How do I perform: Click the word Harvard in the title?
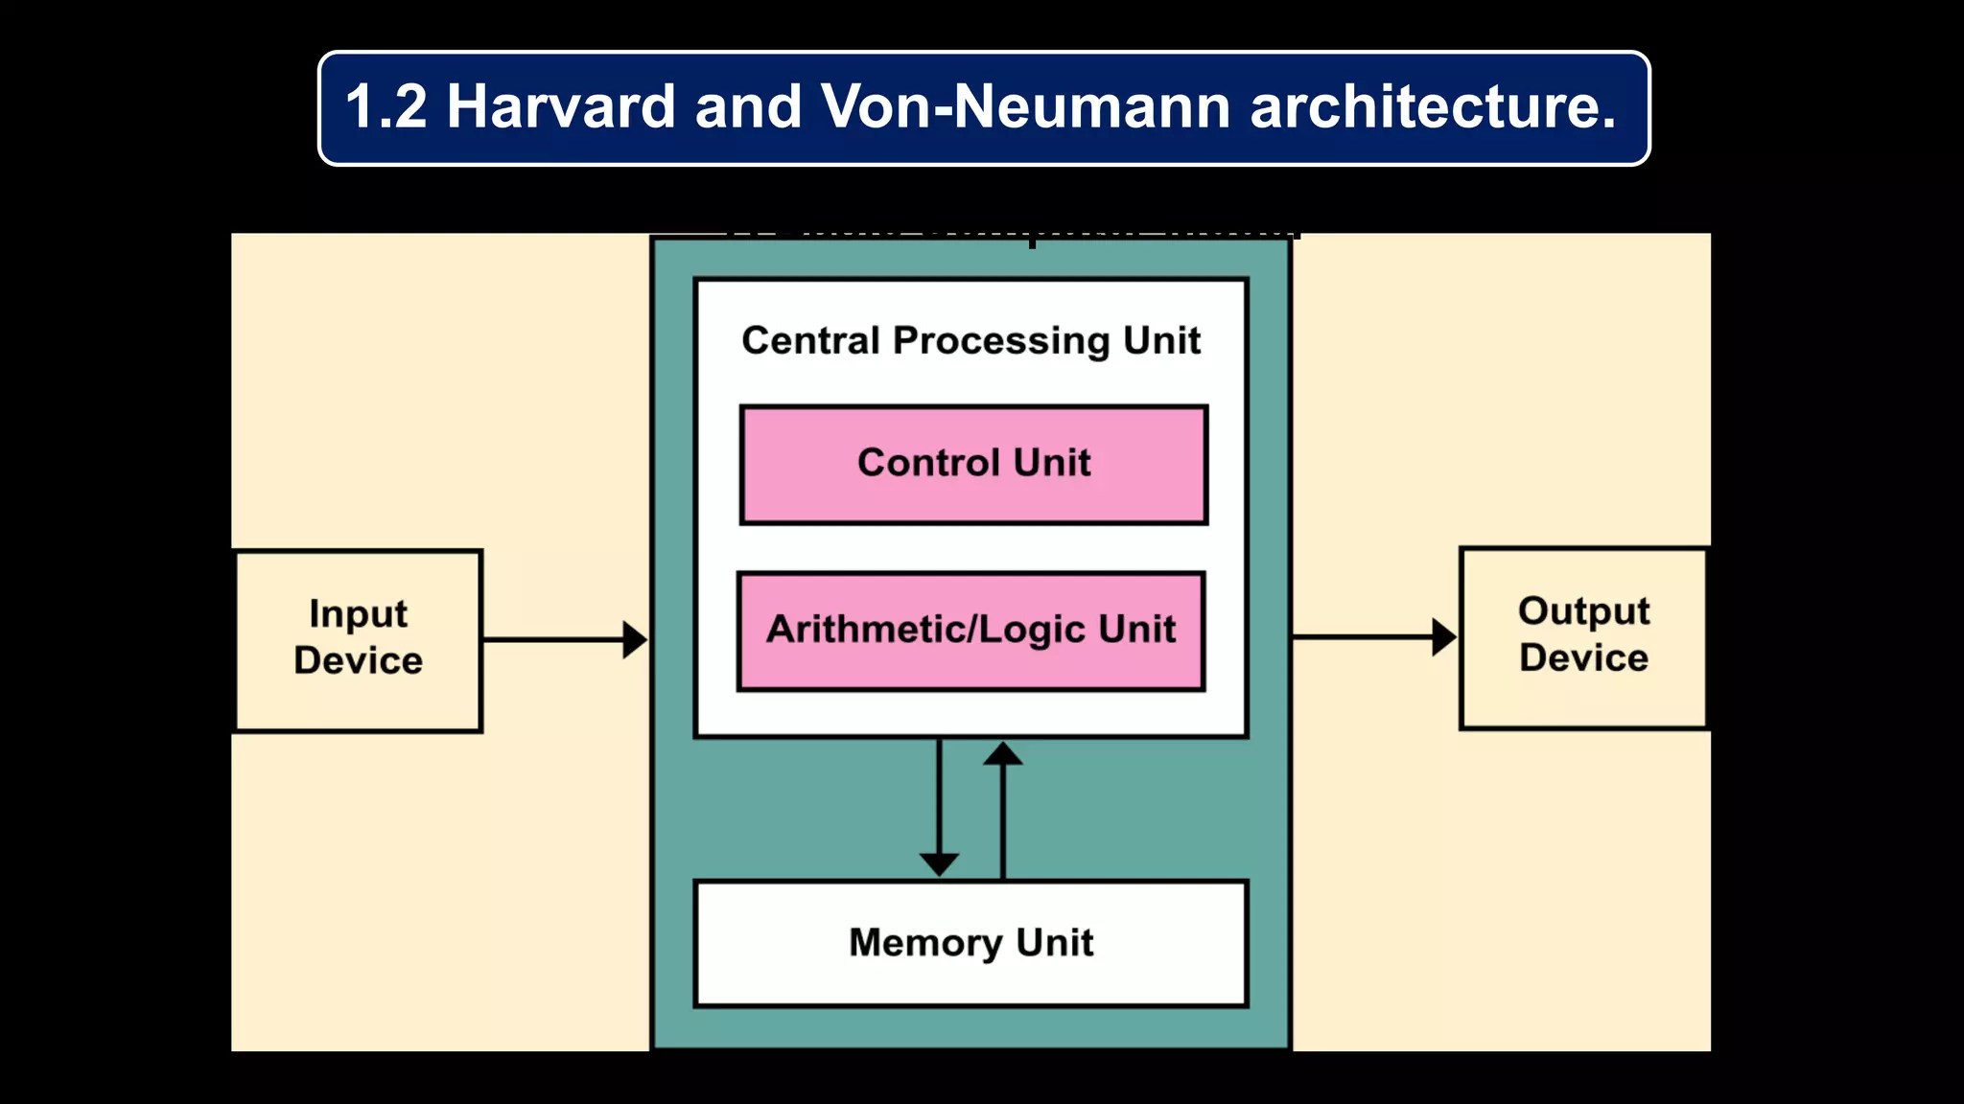pyautogui.click(x=561, y=106)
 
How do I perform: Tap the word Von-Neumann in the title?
pyautogui.click(x=1025, y=106)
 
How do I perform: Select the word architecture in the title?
pyautogui.click(x=1433, y=106)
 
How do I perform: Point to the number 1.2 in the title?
pyautogui.click(x=386, y=106)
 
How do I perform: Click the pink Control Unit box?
pyautogui.click(x=973, y=465)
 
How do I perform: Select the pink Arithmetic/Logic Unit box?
pyautogui.click(x=970, y=631)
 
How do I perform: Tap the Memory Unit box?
pyautogui.click(x=970, y=943)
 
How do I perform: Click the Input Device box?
pyautogui.click(x=358, y=640)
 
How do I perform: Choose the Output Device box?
pyautogui.click(x=1583, y=637)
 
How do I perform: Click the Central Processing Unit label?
pyautogui.click(x=970, y=340)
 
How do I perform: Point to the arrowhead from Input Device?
pyautogui.click(x=635, y=639)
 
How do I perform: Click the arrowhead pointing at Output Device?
pyautogui.click(x=1444, y=636)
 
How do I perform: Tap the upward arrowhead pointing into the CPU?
pyautogui.click(x=1003, y=755)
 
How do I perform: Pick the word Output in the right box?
pyautogui.click(x=1583, y=612)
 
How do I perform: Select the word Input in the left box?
pyautogui.click(x=358, y=614)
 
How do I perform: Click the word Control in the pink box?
pyautogui.click(x=928, y=463)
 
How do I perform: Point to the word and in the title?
pyautogui.click(x=748, y=106)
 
